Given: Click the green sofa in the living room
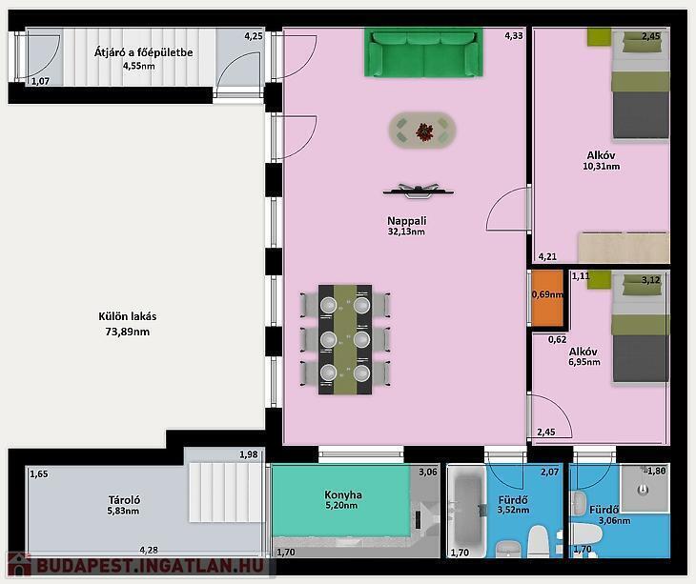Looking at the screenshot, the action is (x=423, y=52).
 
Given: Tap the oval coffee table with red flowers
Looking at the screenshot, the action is (x=422, y=131).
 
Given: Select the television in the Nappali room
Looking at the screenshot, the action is (x=419, y=191).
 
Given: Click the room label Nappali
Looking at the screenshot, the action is (x=406, y=220).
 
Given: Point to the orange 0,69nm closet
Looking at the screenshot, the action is (x=547, y=298).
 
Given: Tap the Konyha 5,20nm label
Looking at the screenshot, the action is (x=342, y=499).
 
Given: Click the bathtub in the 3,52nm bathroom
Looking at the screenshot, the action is (x=467, y=511).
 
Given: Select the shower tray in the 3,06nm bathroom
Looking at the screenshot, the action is (x=645, y=488).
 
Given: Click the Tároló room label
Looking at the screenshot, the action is (x=124, y=500).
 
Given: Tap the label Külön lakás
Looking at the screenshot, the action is (x=128, y=316).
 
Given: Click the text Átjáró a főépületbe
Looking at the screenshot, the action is (x=143, y=52).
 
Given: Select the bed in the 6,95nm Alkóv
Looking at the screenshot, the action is (x=641, y=327).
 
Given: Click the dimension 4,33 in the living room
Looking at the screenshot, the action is (x=514, y=36).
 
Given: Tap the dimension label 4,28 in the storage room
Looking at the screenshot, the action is (x=149, y=550).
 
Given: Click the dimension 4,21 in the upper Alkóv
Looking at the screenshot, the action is (x=547, y=256).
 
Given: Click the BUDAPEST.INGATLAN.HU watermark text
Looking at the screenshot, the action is (x=150, y=566).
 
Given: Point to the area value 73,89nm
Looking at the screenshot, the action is (x=128, y=332).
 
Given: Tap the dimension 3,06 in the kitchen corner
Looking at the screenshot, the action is (x=428, y=473).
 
